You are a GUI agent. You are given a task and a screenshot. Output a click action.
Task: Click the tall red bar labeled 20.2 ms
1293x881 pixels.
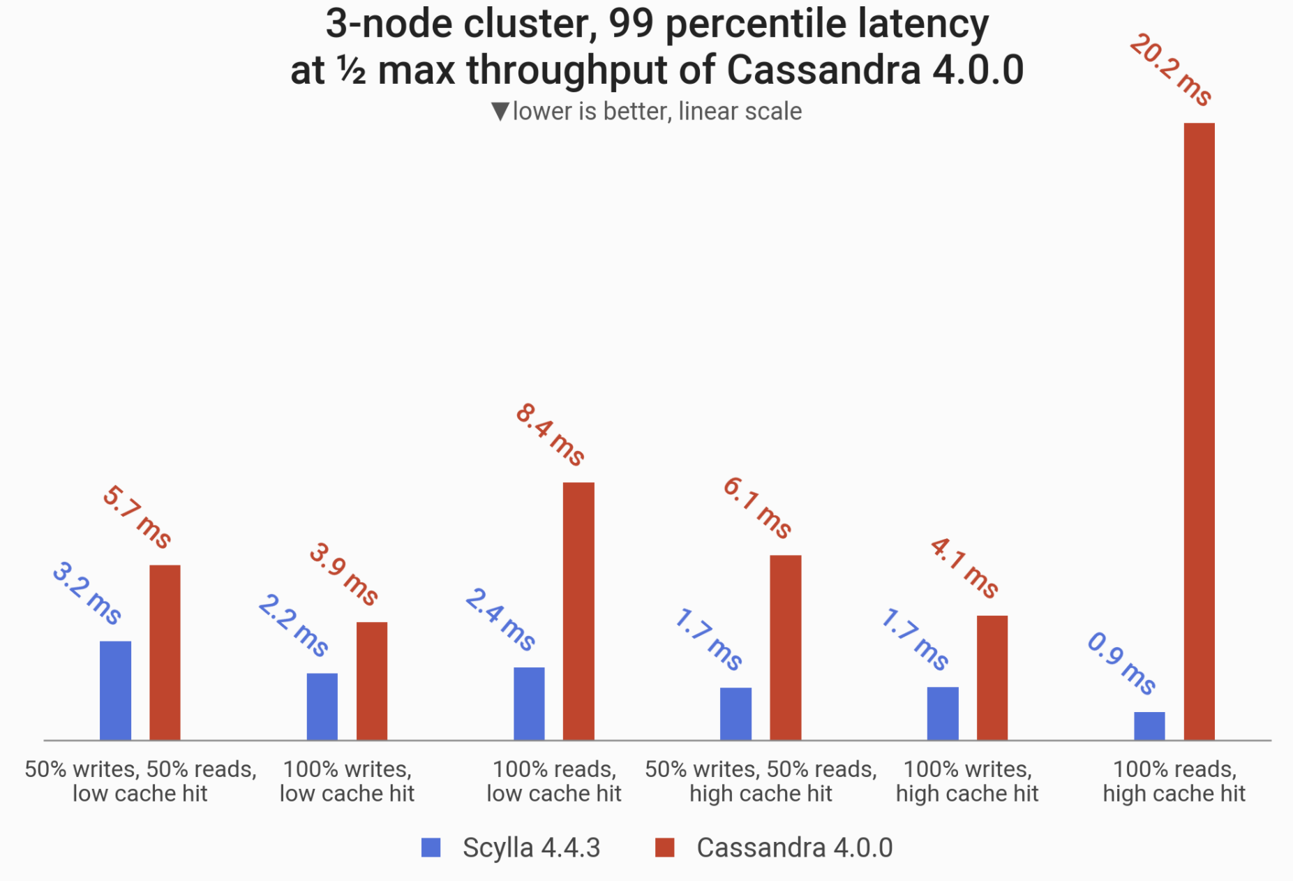point(1199,431)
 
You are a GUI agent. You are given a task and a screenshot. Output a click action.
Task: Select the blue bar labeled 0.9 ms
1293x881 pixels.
point(1149,726)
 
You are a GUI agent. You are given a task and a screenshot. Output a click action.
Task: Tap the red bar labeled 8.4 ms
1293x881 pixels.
point(578,611)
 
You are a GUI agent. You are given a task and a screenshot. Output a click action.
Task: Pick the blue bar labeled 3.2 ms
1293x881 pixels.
point(115,690)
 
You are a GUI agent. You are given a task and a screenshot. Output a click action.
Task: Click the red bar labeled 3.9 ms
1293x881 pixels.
point(372,681)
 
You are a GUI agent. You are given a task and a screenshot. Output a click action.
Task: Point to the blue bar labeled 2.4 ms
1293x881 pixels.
point(529,704)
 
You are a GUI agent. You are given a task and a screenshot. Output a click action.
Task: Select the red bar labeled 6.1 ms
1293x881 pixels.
point(786,648)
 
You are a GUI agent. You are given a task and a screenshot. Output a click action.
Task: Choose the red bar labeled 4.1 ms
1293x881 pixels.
point(992,678)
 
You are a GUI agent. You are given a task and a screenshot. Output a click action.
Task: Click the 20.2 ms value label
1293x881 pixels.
point(1170,70)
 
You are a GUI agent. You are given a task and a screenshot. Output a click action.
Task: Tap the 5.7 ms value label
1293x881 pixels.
point(137,517)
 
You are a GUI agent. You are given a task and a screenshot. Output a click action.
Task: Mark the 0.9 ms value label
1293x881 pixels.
point(1121,663)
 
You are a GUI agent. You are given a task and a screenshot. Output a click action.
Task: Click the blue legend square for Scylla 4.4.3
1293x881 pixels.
point(431,847)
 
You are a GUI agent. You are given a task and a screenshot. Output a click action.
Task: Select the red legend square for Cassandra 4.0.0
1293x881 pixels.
point(665,847)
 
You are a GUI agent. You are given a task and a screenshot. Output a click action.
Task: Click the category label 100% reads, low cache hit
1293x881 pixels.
point(554,781)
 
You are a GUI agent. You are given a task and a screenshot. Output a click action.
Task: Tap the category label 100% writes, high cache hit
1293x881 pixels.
point(967,781)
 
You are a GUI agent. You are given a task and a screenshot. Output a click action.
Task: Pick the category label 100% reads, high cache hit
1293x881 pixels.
point(1174,781)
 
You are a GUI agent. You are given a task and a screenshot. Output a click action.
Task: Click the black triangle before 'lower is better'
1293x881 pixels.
point(500,112)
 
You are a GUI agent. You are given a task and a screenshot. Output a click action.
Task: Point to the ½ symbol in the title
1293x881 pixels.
point(352,71)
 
